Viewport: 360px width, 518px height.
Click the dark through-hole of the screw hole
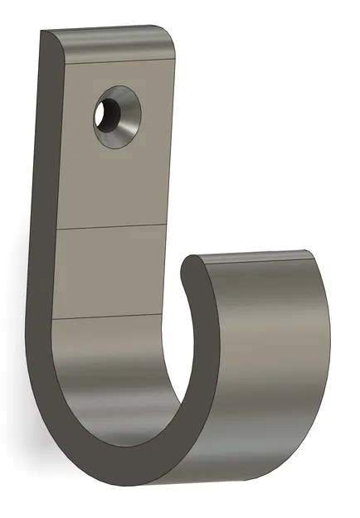pyautogui.click(x=107, y=116)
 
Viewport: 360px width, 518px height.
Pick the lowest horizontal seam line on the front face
pyautogui.click(x=108, y=317)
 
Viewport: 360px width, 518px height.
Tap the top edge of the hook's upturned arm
pyautogui.click(x=257, y=253)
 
